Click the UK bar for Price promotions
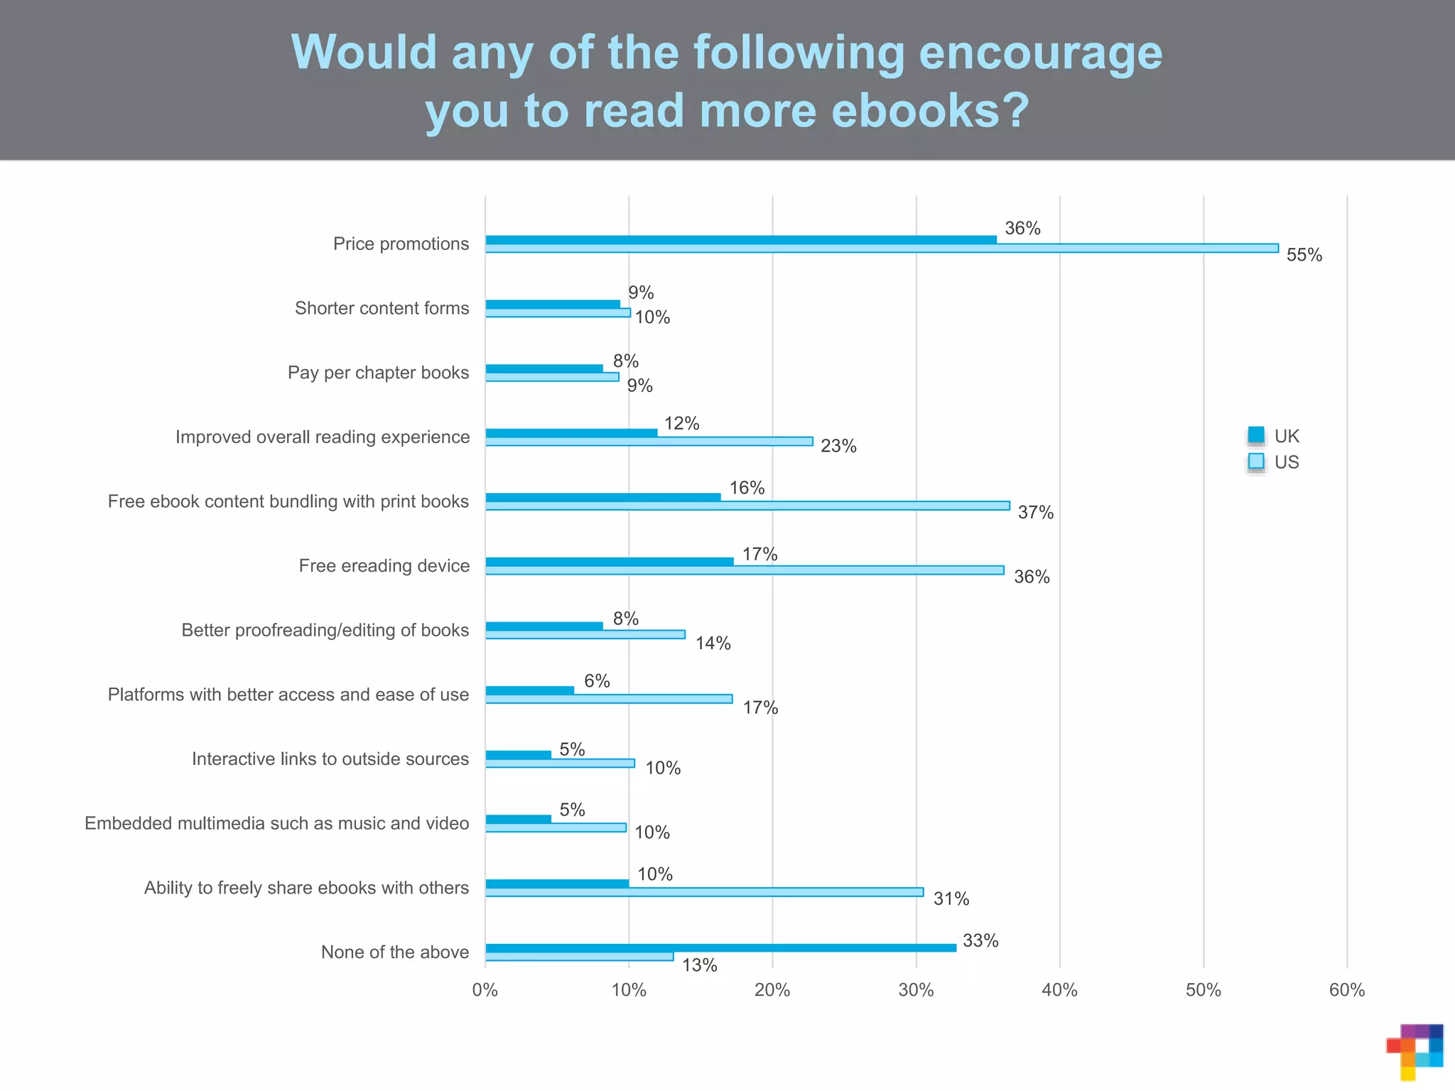tap(740, 240)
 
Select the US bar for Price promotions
tap(881, 249)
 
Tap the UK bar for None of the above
tap(720, 948)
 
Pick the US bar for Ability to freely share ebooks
tap(703, 892)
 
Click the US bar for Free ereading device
tap(745, 570)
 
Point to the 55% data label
tap(1304, 255)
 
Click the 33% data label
tap(980, 940)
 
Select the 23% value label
tap(838, 446)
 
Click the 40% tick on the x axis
tap(1059, 990)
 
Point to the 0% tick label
tap(485, 990)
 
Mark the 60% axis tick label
tap(1346, 990)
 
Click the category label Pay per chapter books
tap(378, 372)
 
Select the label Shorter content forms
tap(382, 308)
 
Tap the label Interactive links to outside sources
tap(330, 759)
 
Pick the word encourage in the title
tap(1040, 53)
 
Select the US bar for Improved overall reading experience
tap(649, 442)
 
